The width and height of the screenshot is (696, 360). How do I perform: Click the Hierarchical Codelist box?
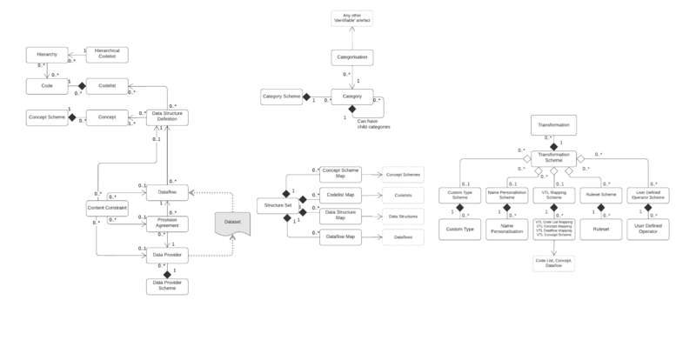pos(106,55)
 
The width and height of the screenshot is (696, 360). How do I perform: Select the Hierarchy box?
pos(47,55)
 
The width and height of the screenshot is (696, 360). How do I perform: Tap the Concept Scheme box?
pos(47,117)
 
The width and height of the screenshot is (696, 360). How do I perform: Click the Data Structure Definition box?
pos(167,117)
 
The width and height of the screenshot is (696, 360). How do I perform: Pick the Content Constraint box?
pos(106,209)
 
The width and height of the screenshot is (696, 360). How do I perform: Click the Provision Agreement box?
pos(167,223)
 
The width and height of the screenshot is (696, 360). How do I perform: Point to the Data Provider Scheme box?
pos(167,285)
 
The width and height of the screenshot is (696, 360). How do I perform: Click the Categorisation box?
pos(352,58)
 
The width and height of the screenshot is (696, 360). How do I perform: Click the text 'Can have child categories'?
pos(373,123)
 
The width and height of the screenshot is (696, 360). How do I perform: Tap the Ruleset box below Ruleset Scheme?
pos(600,232)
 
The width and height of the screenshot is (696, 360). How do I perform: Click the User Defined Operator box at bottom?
pos(648,233)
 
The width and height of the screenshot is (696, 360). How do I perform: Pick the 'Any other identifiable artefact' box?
pos(352,18)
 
